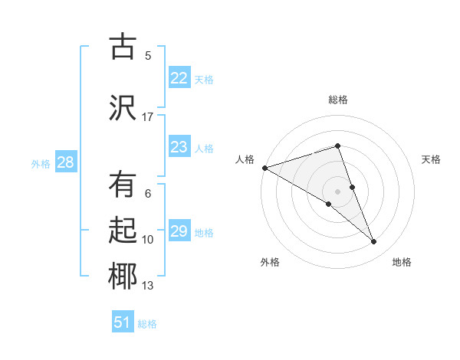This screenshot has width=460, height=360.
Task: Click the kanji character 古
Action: tap(122, 47)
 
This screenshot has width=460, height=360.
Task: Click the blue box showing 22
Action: tap(179, 78)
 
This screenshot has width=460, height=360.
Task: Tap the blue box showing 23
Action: tap(179, 147)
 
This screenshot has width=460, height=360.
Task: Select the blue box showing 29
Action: tap(179, 231)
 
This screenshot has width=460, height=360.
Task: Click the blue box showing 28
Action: tap(65, 162)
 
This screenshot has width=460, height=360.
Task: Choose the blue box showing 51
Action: tap(123, 322)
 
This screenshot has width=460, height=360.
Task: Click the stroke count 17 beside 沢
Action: tap(148, 117)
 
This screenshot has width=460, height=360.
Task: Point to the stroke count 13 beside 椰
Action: tap(148, 286)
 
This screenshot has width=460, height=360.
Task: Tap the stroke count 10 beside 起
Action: tap(148, 240)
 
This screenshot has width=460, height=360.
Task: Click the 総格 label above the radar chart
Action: tap(337, 100)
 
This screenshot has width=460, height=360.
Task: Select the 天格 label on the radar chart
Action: tap(432, 159)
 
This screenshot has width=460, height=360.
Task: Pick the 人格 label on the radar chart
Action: tap(245, 159)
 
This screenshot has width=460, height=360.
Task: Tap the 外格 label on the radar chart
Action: tap(270, 262)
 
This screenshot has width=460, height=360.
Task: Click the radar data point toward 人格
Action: tap(264, 167)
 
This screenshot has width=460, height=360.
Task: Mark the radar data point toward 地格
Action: tap(374, 241)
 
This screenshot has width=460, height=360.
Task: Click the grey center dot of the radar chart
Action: tap(337, 191)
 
